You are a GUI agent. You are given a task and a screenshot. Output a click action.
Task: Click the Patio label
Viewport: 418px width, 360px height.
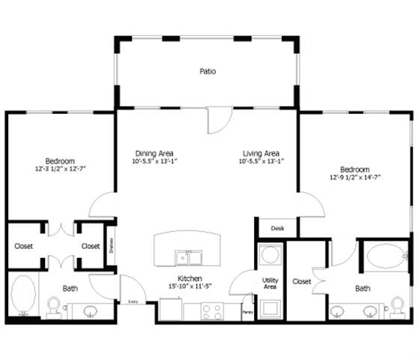[x=208, y=72]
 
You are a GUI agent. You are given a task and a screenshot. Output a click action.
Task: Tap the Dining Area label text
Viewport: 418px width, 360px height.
[x=154, y=148]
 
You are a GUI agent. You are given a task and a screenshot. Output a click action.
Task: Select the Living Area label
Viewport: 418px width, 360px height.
[x=260, y=148]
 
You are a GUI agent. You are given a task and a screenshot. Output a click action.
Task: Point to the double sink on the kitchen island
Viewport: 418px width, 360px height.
[x=189, y=258]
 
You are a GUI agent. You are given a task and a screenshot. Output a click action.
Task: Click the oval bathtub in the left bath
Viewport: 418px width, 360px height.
[x=23, y=297]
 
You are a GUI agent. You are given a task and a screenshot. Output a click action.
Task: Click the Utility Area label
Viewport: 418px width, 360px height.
[x=270, y=283]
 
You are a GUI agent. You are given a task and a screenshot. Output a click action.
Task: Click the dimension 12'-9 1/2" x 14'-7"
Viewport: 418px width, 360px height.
[x=354, y=178]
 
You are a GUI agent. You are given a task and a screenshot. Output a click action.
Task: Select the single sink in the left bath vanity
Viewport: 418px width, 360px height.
[x=90, y=311]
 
